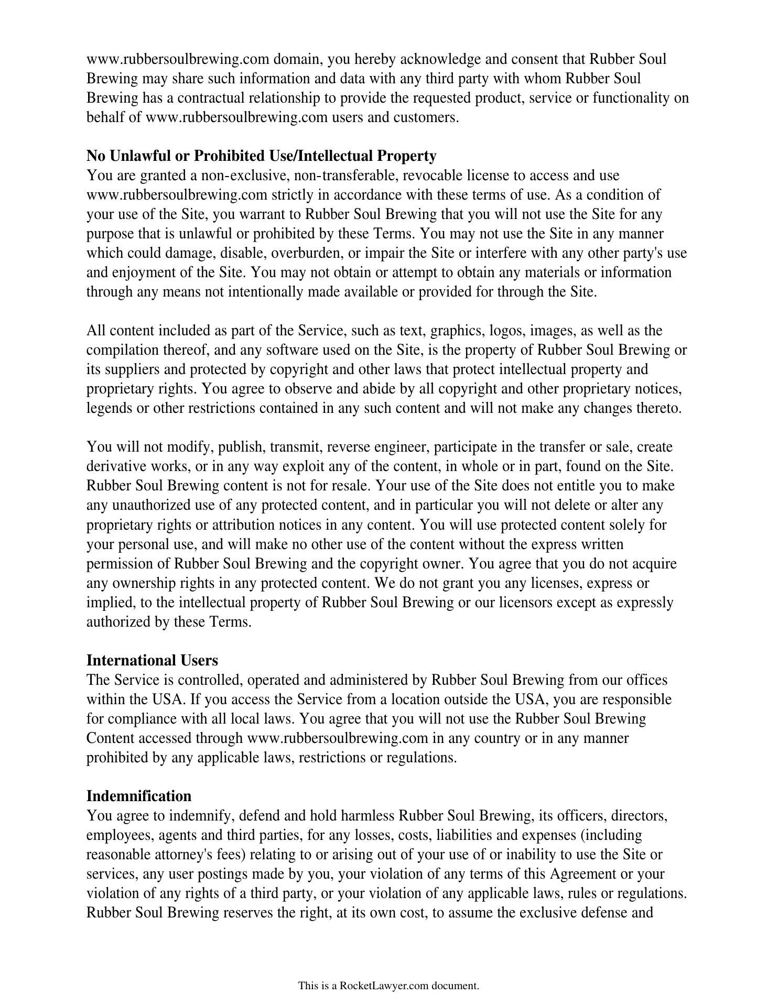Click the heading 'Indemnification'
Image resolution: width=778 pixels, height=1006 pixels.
tap(139, 796)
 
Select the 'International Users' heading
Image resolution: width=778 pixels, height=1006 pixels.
tap(152, 660)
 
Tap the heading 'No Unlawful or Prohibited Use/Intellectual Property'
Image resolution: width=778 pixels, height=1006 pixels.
tap(261, 156)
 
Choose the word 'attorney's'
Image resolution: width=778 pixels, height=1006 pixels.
tap(183, 855)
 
